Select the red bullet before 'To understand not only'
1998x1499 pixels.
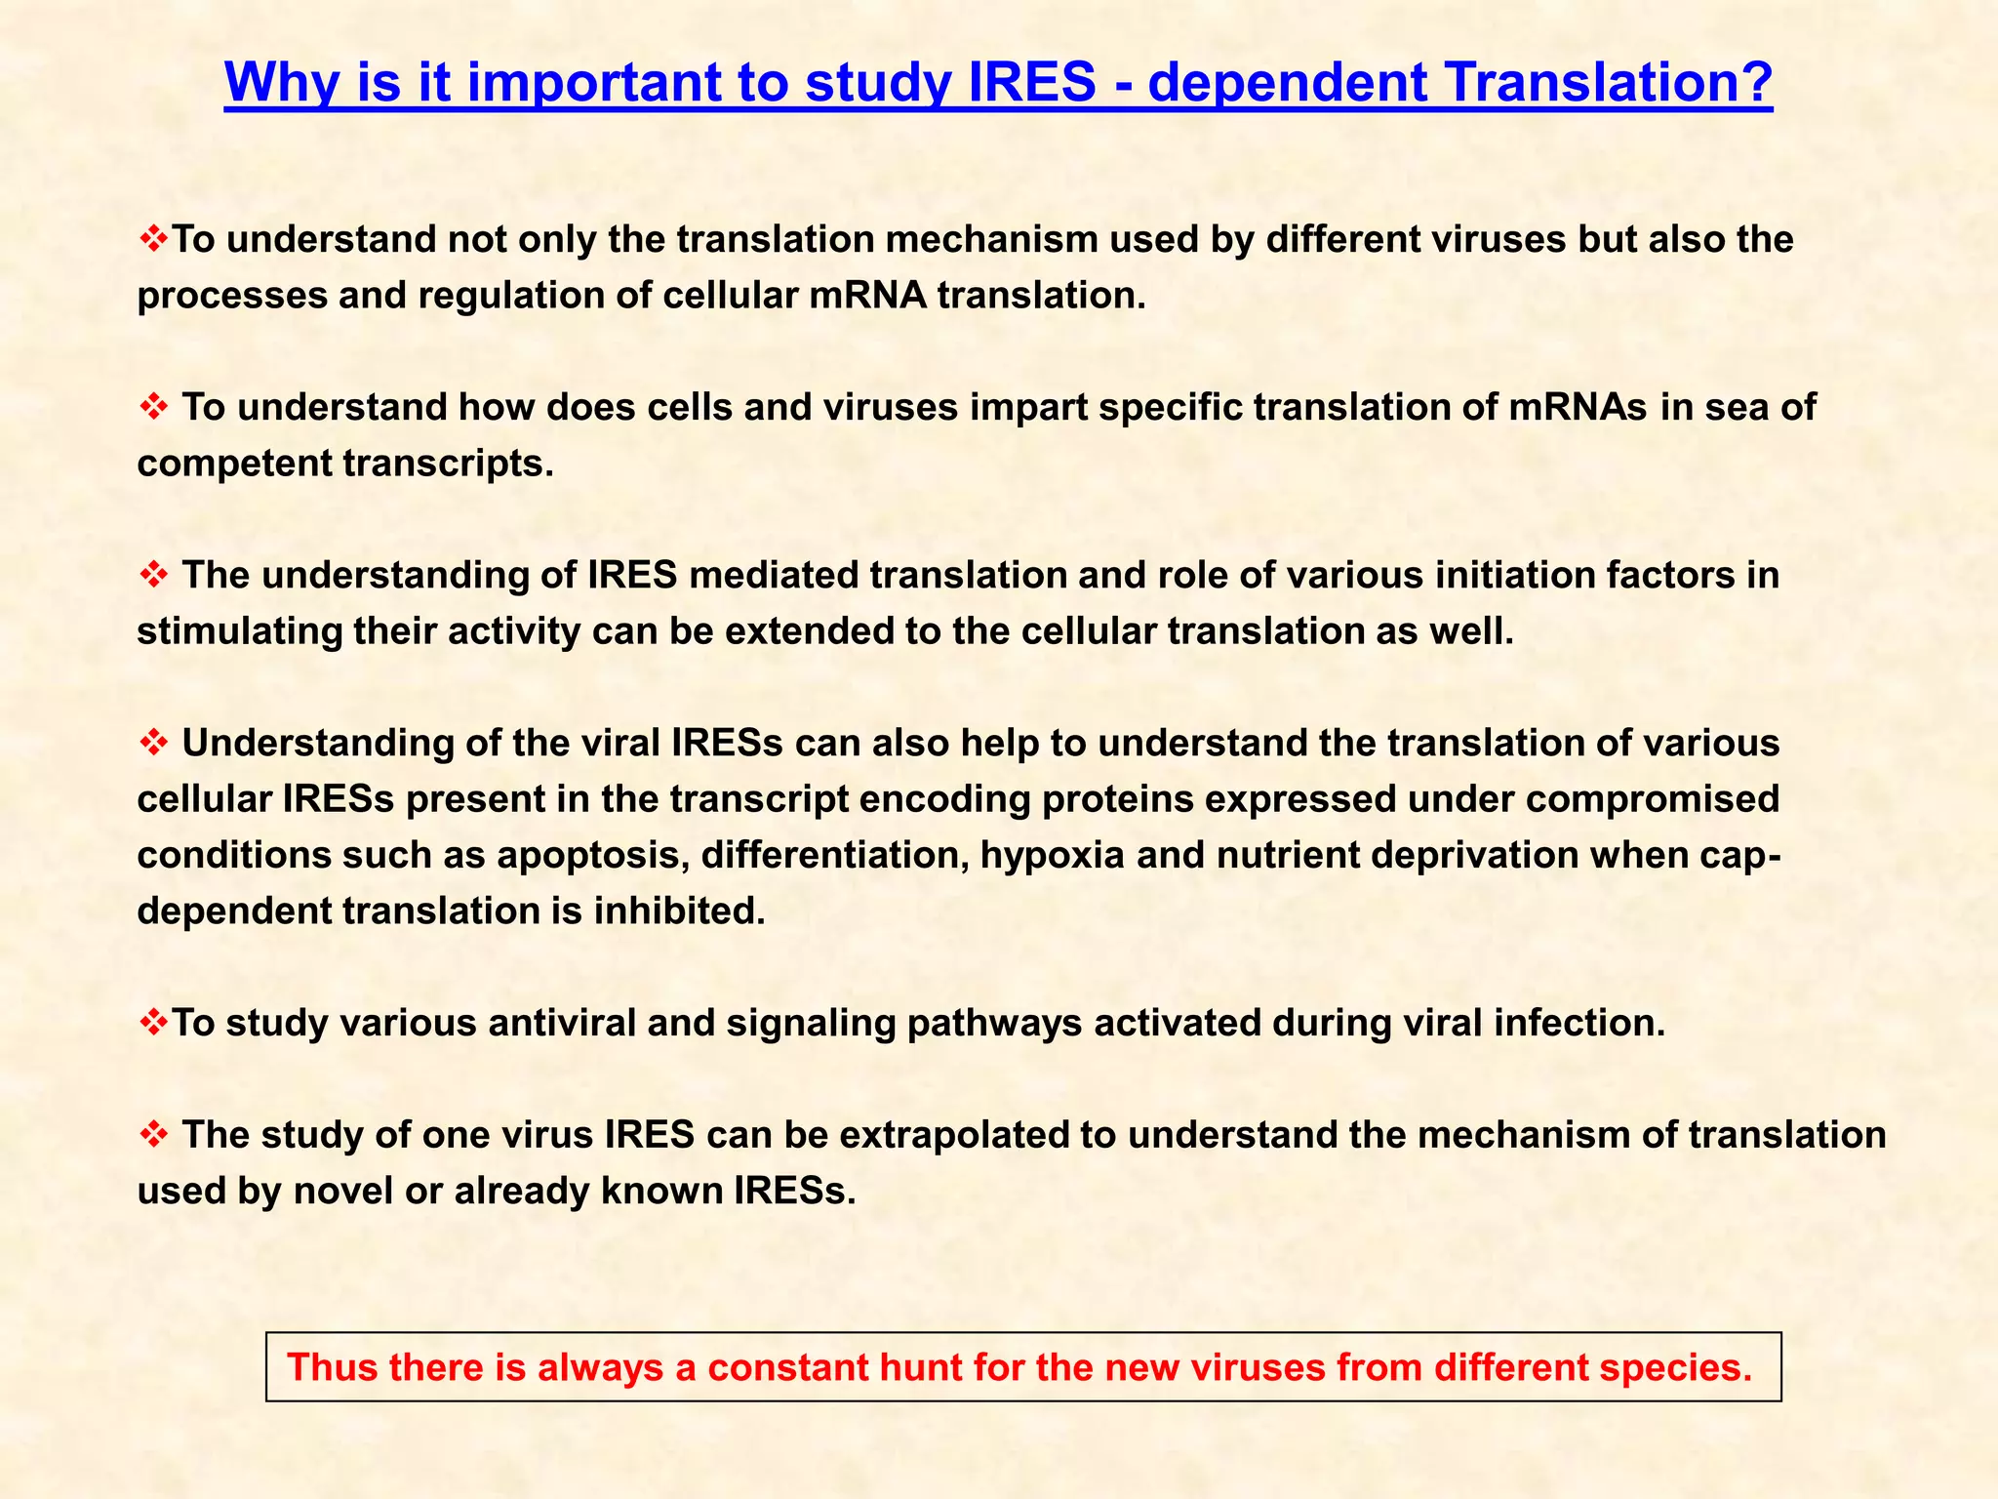[153, 238]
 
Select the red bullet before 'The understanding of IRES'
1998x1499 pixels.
[153, 575]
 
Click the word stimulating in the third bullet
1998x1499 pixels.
[240, 631]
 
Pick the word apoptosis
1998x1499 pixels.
[593, 856]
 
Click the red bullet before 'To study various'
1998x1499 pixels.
[153, 1023]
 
